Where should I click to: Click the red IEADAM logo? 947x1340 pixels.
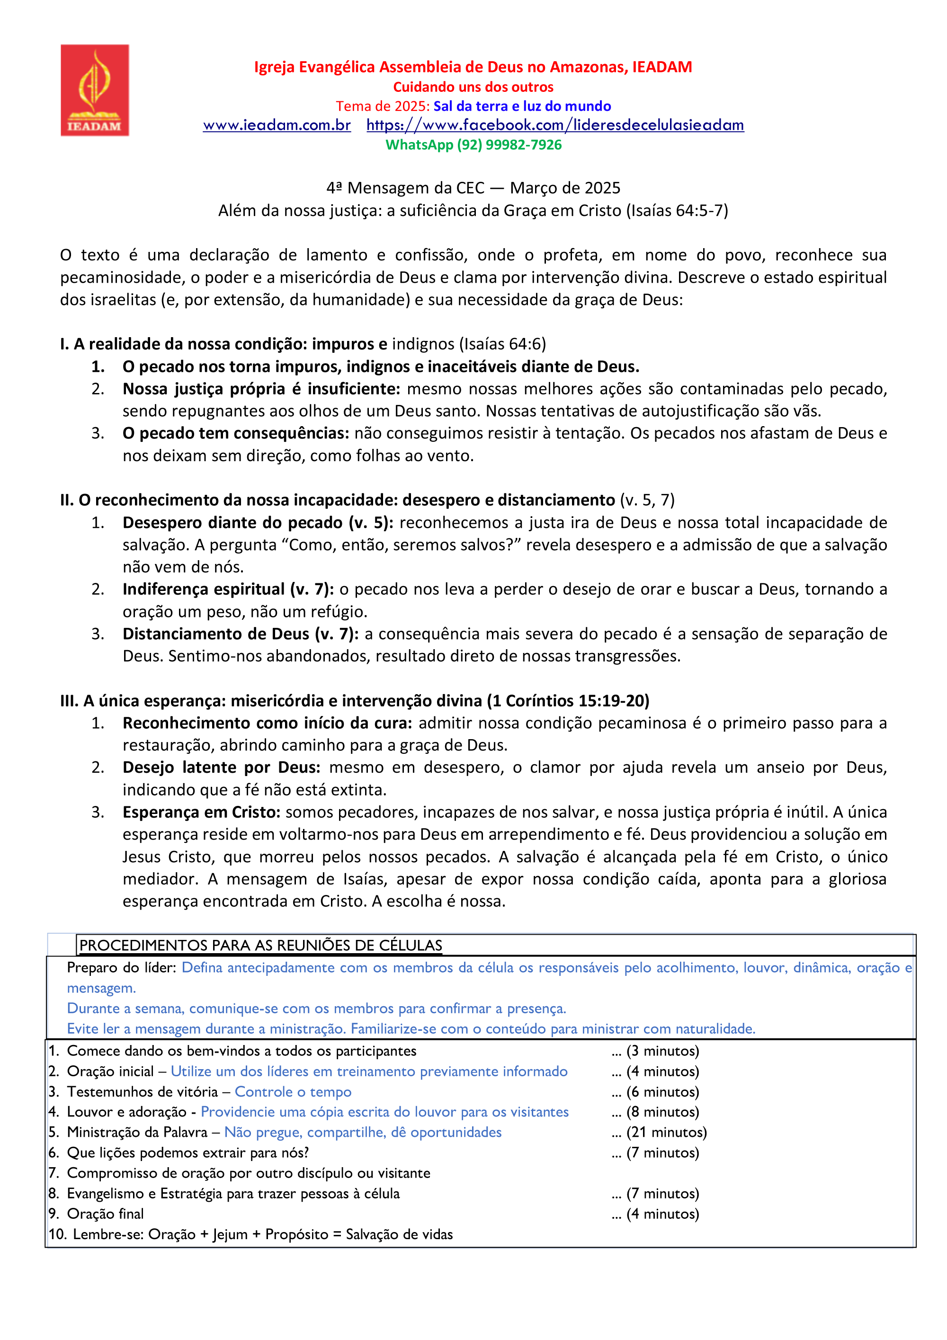[95, 90]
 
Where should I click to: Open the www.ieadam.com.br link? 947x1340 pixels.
[277, 125]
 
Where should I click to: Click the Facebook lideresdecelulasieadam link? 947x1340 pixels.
[555, 125]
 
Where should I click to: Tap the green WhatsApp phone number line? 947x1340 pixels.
[473, 145]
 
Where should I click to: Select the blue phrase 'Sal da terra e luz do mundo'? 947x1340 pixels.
[522, 106]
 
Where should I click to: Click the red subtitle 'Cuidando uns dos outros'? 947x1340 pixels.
[473, 87]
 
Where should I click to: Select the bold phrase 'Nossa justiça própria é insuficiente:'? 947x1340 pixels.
[261, 389]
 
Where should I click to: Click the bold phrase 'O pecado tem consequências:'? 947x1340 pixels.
[236, 433]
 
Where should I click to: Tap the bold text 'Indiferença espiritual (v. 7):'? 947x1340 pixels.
[228, 590]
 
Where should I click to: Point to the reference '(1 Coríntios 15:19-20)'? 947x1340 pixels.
[568, 701]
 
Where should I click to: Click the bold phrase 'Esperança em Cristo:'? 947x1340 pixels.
[201, 813]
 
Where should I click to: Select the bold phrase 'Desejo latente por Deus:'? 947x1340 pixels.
[221, 768]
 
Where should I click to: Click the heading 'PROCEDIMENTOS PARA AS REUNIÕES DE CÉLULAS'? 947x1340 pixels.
[261, 946]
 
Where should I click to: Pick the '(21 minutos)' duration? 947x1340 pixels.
[666, 1132]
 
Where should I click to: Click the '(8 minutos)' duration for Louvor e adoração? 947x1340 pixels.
[662, 1112]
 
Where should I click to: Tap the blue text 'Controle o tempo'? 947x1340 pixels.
[293, 1092]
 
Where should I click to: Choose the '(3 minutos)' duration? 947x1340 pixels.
[662, 1051]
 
